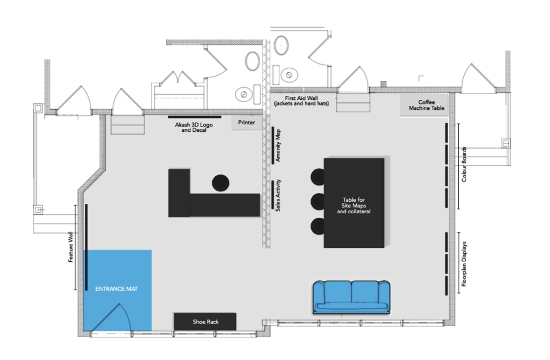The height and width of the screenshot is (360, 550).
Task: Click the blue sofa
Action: pyautogui.click(x=352, y=297)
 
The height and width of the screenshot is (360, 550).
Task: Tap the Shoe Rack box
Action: pyautogui.click(x=205, y=321)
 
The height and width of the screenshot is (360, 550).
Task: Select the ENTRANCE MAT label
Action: pyautogui.click(x=116, y=289)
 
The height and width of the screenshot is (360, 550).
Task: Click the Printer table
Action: pyautogui.click(x=246, y=123)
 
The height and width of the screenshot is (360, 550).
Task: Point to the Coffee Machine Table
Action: pyautogui.click(x=425, y=105)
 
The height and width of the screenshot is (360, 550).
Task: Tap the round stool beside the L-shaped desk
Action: pyautogui.click(x=220, y=183)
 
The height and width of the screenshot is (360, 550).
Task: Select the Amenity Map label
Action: pyautogui.click(x=278, y=146)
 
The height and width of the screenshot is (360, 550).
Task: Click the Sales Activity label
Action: pyautogui.click(x=278, y=195)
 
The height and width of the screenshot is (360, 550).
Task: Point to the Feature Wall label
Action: pyautogui.click(x=71, y=247)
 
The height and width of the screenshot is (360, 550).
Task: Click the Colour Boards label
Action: pyautogui.click(x=464, y=165)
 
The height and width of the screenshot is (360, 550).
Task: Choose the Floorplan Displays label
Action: pyautogui.click(x=464, y=264)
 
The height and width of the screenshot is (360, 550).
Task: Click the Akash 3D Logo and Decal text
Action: pyautogui.click(x=194, y=127)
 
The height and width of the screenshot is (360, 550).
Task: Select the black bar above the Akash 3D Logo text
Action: pyautogui.click(x=194, y=117)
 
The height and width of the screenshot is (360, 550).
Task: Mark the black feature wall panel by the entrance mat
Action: pyautogui.click(x=86, y=247)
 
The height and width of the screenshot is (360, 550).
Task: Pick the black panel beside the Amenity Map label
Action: pyautogui.click(x=273, y=145)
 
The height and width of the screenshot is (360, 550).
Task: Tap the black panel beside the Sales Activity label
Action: pyautogui.click(x=273, y=195)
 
